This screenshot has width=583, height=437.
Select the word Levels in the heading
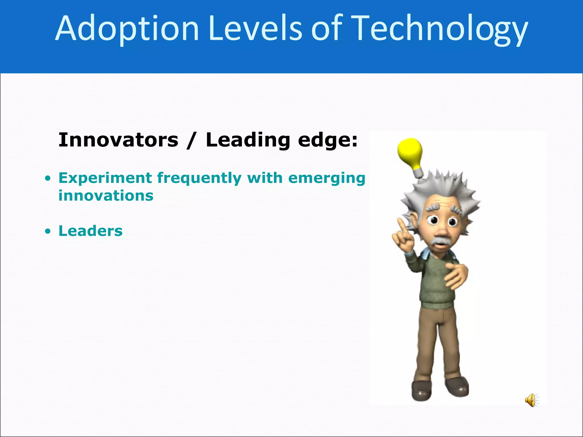255,28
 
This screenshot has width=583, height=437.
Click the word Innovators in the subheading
118,140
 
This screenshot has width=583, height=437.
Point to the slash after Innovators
191,141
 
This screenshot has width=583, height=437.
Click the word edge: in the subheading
328,141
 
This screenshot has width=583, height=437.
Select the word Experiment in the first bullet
105,178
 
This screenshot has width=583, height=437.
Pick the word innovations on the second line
106,196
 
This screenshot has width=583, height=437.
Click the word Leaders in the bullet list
91,231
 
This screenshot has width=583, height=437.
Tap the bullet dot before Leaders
48,231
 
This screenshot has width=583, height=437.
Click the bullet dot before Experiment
48,179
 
